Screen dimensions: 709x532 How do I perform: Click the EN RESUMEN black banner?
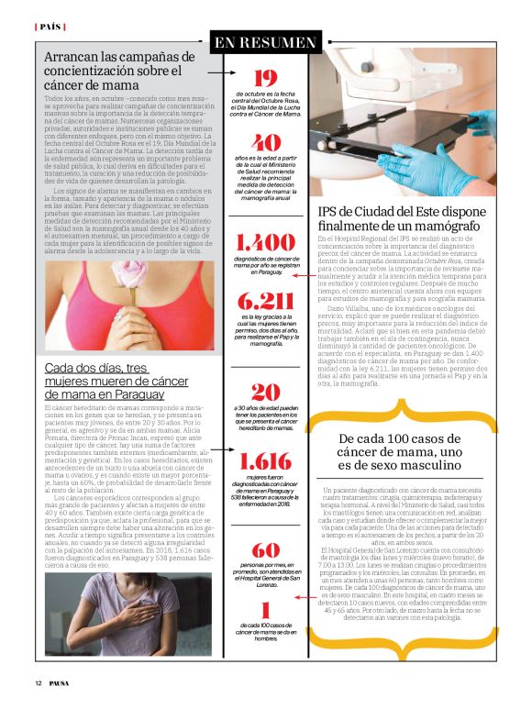pos(265,41)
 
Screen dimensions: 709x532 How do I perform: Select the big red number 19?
pos(265,79)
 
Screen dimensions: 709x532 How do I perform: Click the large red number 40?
pos(266,143)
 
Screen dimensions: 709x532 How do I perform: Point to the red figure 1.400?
pos(266,243)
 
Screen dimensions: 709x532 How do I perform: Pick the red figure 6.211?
pos(266,302)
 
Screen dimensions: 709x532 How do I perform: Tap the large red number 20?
pos(266,393)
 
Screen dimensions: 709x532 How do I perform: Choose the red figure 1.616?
pos(266,461)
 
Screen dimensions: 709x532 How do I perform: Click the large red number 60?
pos(266,550)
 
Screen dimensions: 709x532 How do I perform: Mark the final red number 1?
pos(265,610)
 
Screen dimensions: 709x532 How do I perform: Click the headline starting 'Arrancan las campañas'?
pos(119,72)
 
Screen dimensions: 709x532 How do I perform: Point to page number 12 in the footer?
pos(39,683)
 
